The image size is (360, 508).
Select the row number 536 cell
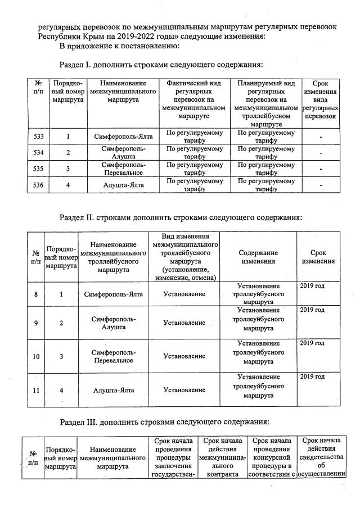[39, 185]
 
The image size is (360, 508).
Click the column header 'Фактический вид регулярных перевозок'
[195, 99]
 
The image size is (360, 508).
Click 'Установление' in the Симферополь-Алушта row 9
[184, 323]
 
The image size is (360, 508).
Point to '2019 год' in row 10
[312, 343]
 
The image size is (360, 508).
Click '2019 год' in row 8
[312, 286]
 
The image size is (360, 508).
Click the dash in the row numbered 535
[320, 169]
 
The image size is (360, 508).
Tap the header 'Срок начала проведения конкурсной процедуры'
[272, 457]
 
